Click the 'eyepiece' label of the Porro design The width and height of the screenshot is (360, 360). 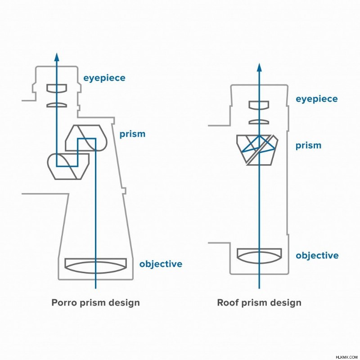click(104, 78)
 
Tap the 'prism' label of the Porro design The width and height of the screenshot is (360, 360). click(132, 134)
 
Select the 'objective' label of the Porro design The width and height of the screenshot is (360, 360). click(161, 264)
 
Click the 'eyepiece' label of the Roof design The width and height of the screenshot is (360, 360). click(317, 99)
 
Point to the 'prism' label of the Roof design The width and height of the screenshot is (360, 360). click(308, 145)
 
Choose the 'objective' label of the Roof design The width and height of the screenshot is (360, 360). click(317, 255)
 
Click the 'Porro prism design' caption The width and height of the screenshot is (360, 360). click(95, 302)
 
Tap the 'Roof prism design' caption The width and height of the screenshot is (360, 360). click(259, 302)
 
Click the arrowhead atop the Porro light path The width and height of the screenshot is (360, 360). click(57, 57)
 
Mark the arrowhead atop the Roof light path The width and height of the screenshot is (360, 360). click(259, 67)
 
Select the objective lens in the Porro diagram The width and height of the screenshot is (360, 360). click(95, 266)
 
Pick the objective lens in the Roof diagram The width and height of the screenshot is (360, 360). click(259, 256)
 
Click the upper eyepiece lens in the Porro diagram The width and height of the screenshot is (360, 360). click(57, 88)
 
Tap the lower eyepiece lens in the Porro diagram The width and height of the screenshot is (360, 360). click(57, 105)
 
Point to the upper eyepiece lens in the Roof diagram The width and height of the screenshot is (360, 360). click(259, 105)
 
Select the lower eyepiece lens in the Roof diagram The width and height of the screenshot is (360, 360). click(259, 122)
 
